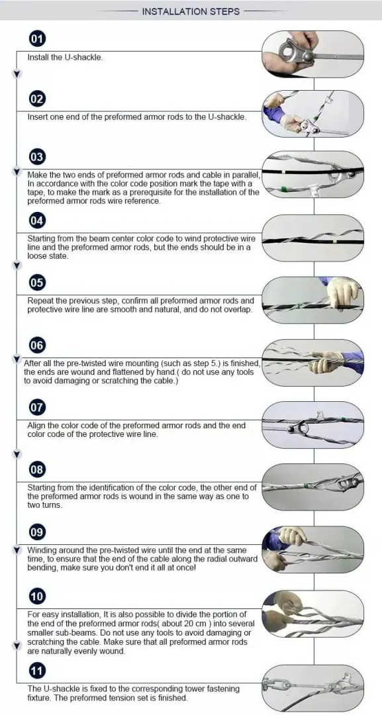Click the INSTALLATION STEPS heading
[191, 11]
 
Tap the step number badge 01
[37, 39]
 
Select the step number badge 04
[37, 220]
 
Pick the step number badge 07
[37, 407]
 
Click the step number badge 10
[37, 596]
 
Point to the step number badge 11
[37, 672]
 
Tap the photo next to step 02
[313, 113]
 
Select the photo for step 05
[313, 300]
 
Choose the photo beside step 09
[313, 549]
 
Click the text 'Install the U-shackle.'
[65, 57]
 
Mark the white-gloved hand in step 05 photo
[343, 292]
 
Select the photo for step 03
[313, 175]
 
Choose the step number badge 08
[37, 470]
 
